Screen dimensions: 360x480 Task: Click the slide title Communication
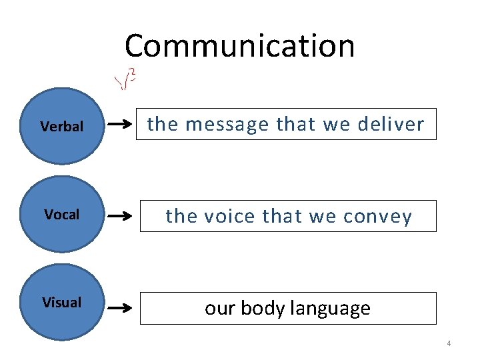239,46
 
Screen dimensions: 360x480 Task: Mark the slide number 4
449,343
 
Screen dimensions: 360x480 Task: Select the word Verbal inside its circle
61,126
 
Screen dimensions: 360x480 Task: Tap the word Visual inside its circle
61,303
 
